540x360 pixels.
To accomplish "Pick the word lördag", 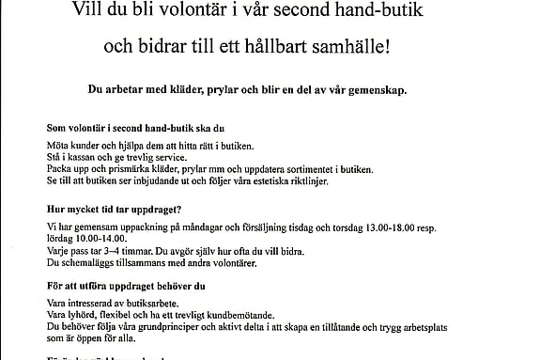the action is tap(60, 240).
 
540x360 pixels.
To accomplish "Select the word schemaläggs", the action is tap(84, 262).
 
